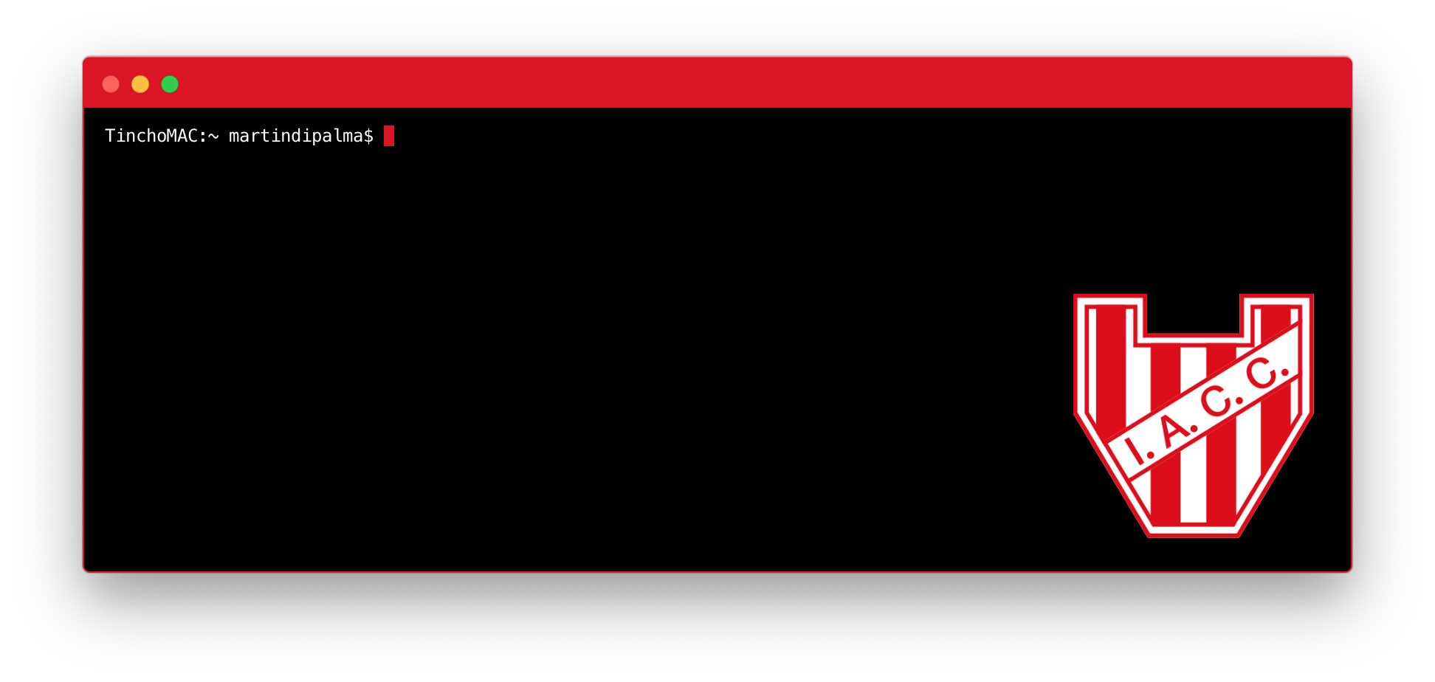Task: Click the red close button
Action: pyautogui.click(x=111, y=84)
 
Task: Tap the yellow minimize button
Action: pyautogui.click(x=140, y=84)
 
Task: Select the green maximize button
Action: pyautogui.click(x=170, y=84)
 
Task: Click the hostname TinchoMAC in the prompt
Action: pyautogui.click(x=151, y=136)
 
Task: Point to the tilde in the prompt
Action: pyautogui.click(x=213, y=136)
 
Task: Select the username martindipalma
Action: pyautogui.click(x=295, y=136)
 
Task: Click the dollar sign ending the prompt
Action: pyautogui.click(x=368, y=136)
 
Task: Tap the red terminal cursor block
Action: pyautogui.click(x=389, y=136)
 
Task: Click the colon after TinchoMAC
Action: pyautogui.click(x=202, y=137)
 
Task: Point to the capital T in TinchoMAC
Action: pyautogui.click(x=110, y=136)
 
